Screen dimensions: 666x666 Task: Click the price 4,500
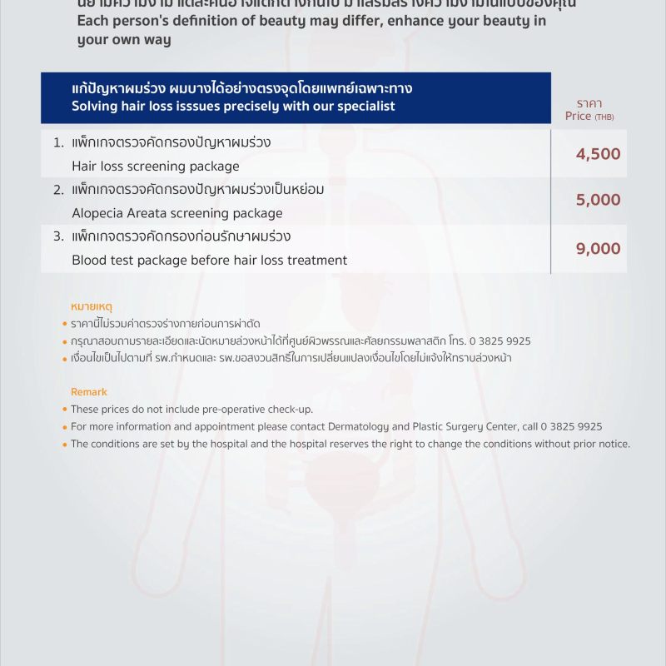click(598, 154)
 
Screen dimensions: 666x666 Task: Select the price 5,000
click(598, 200)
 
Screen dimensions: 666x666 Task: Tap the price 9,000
click(598, 248)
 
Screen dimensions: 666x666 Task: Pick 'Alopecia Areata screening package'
click(177, 213)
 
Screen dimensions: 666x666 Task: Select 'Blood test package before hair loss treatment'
click(210, 261)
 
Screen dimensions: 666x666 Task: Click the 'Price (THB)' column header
click(589, 117)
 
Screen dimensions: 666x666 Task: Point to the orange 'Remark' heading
click(89, 392)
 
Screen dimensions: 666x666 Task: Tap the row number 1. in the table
click(58, 143)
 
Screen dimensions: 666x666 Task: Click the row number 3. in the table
click(58, 236)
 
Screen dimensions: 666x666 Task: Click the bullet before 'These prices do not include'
click(65, 410)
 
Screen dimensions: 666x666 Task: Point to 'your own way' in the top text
click(124, 40)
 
